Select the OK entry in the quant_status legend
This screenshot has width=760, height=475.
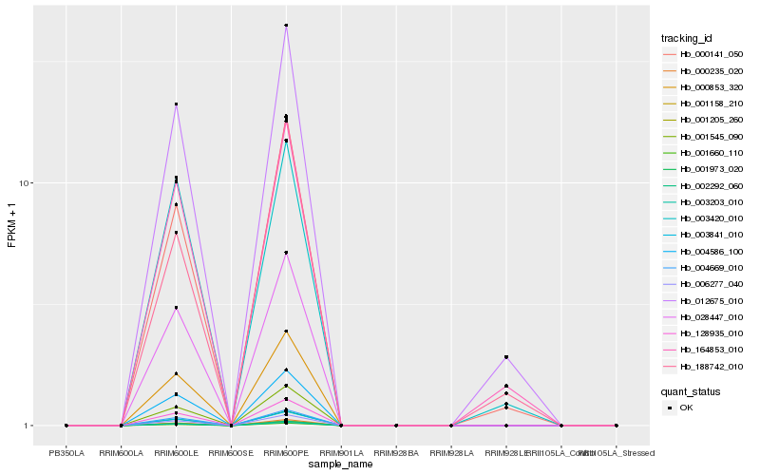(686, 407)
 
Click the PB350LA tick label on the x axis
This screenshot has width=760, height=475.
(66, 453)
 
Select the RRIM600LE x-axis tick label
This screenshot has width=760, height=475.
(176, 453)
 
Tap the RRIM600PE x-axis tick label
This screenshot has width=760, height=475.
(286, 453)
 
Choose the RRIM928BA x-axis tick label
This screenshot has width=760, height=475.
(396, 453)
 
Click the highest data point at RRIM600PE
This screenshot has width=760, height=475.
(286, 25)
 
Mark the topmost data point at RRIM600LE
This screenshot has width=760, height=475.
(176, 104)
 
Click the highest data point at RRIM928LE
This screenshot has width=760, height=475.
(506, 357)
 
